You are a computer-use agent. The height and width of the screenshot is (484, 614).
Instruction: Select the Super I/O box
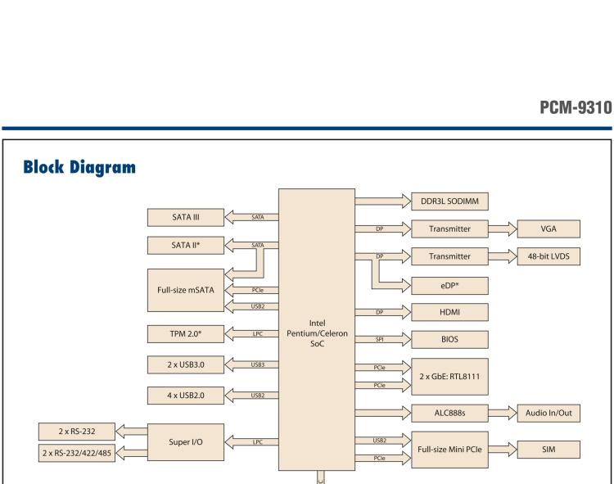tap(186, 441)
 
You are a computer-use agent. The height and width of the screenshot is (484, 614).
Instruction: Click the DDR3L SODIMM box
tap(449, 201)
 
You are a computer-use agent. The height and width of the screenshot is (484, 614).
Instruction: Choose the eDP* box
tap(449, 284)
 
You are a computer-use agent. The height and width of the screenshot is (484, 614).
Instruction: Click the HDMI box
tap(449, 312)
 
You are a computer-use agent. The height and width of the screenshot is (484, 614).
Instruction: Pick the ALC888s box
tap(449, 415)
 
